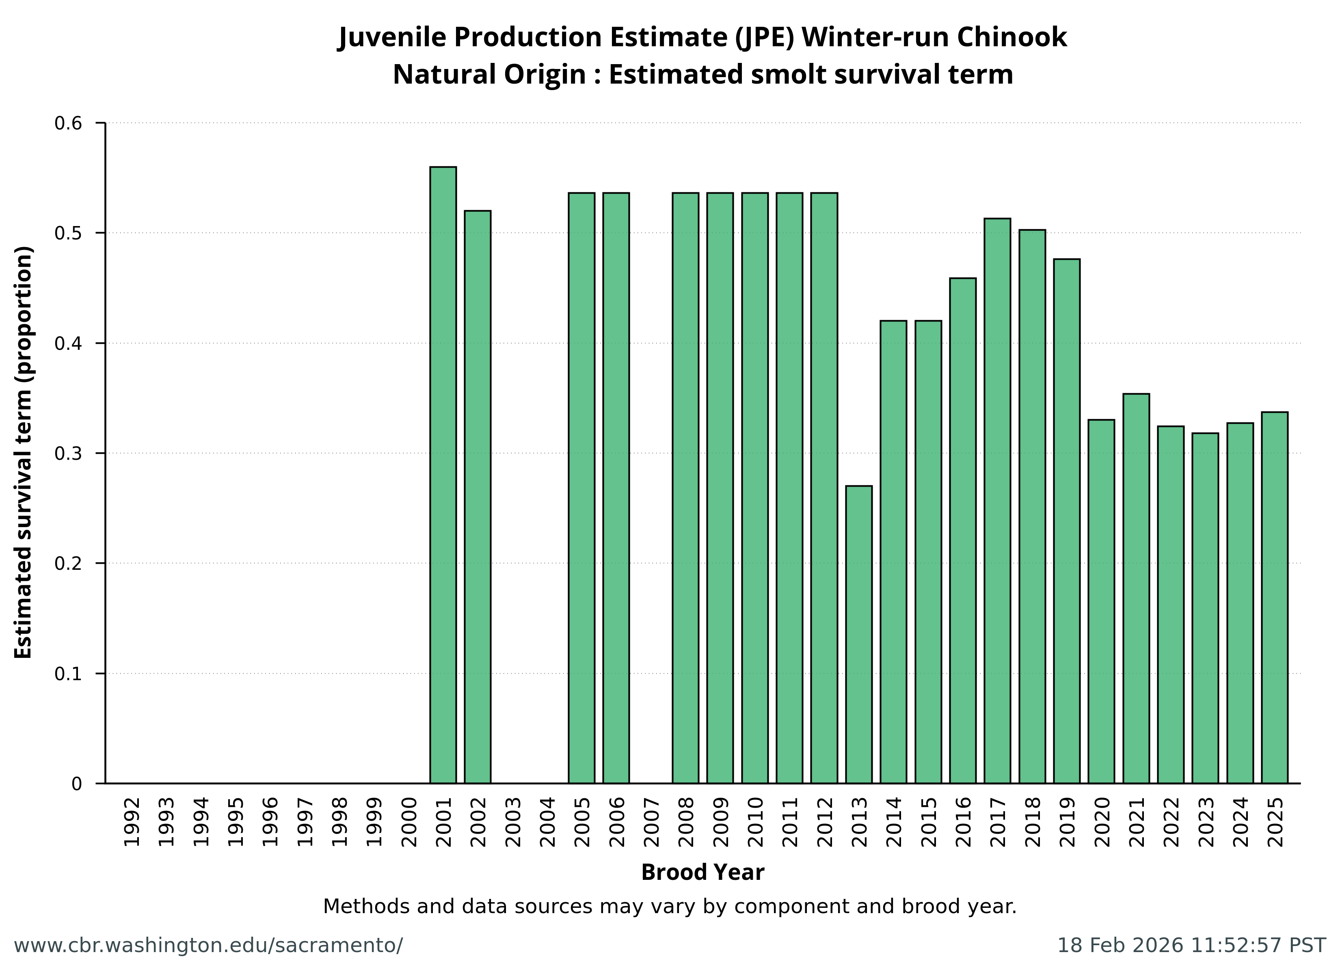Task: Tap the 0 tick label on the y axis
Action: point(77,784)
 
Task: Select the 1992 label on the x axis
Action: point(132,821)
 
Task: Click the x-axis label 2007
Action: point(651,821)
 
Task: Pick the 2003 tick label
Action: point(513,821)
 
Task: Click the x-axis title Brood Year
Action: point(702,873)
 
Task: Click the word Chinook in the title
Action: point(1011,37)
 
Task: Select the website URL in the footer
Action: point(208,946)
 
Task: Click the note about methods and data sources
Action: point(670,906)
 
